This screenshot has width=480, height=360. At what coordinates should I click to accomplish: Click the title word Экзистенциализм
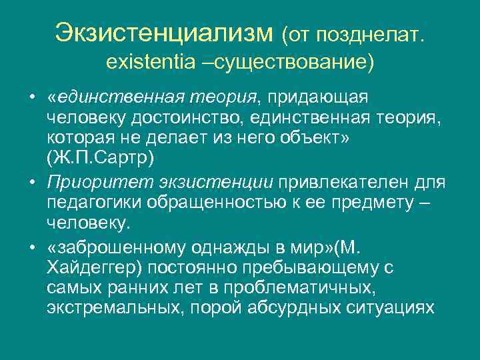point(164,31)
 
